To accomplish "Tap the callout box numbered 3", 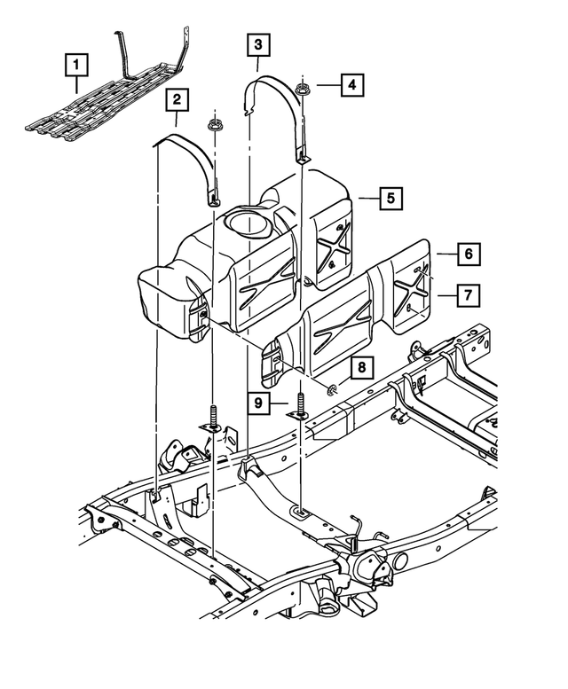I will click(x=257, y=43).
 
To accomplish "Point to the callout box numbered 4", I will click(x=351, y=85).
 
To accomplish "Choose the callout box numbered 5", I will click(x=389, y=198).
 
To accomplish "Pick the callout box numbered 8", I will click(x=361, y=365).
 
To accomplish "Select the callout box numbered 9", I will click(x=257, y=403).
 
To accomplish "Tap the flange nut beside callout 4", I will click(x=304, y=88).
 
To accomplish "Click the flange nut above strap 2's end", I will click(x=213, y=125).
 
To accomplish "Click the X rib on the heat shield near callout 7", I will click(x=410, y=293).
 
